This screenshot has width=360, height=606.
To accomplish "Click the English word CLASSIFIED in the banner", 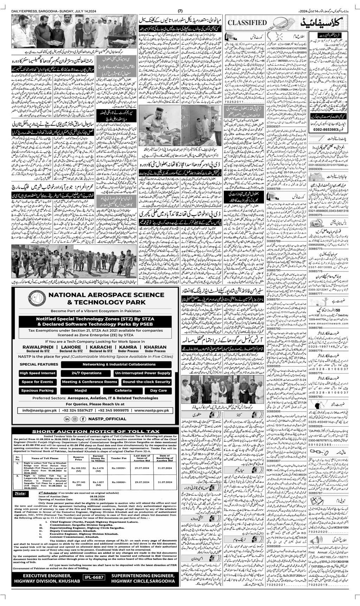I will [x=248, y=23].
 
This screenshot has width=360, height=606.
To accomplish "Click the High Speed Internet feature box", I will [x=38, y=373].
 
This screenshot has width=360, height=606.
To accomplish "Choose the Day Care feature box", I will [x=158, y=390].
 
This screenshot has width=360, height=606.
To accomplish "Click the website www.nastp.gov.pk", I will [x=152, y=410].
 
